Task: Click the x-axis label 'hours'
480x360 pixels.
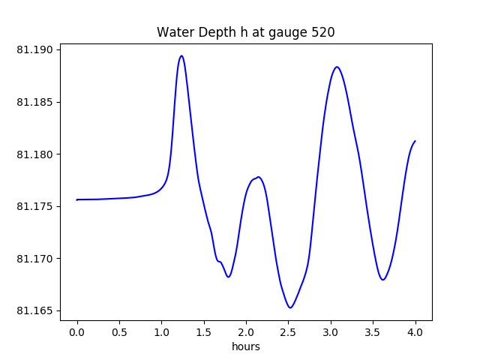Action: [246, 346]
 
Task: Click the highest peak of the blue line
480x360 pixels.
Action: [181, 55]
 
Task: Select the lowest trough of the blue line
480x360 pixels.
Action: [290, 307]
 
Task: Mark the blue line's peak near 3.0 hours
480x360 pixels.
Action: [337, 67]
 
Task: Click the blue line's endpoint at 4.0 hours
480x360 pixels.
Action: [415, 141]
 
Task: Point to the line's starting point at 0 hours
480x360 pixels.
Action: [77, 199]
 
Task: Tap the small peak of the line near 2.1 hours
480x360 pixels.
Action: [258, 177]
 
